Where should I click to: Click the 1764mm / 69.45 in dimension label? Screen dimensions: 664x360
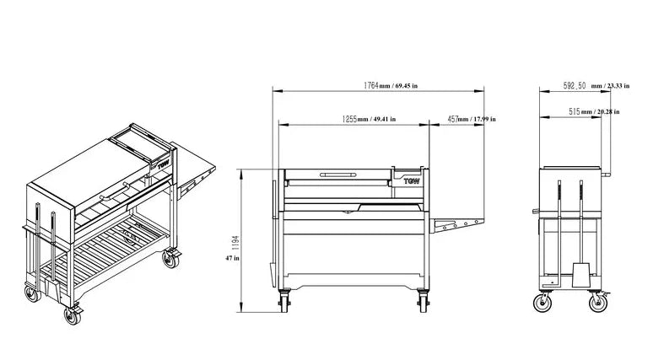pos(391,85)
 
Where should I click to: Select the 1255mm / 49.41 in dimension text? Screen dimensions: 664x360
pos(369,119)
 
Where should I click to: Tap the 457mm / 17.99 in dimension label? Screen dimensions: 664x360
pos(472,119)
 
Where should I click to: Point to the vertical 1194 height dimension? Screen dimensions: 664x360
pos(235,243)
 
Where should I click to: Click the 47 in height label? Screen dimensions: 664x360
pos(232,258)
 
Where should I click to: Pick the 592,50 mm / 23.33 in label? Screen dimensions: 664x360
pos(597,85)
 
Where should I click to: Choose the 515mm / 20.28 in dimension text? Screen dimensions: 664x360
pos(594,111)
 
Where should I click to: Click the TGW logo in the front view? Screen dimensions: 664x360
pos(412,181)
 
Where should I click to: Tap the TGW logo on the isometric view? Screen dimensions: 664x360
pos(164,164)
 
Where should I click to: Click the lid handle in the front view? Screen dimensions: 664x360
pos(338,175)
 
